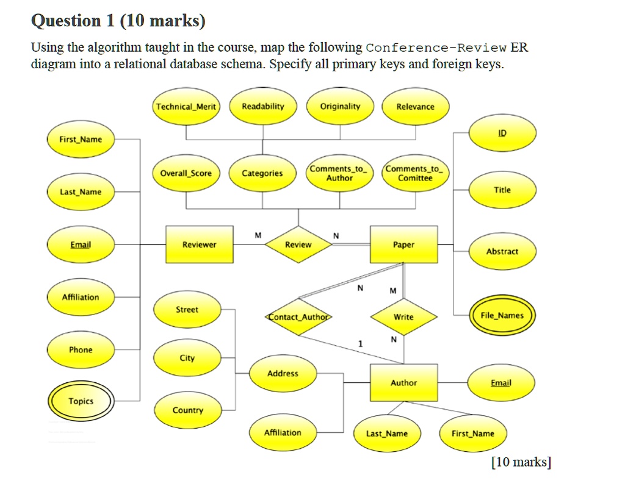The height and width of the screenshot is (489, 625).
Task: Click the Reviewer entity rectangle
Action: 200,245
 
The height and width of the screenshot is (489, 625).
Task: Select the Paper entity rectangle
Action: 403,245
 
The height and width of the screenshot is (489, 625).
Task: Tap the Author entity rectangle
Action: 403,383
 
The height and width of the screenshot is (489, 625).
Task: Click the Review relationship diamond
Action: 298,245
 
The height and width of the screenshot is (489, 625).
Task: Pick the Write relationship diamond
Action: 403,317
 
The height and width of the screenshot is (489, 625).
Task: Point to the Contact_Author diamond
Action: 298,317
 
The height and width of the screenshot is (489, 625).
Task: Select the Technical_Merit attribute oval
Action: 186,107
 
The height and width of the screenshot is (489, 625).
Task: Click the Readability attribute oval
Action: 263,107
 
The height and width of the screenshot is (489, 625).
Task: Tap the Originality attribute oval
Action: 340,107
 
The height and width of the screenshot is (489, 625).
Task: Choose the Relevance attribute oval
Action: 415,107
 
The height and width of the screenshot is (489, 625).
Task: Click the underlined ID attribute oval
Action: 502,133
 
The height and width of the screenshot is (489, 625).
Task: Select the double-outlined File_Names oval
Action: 502,315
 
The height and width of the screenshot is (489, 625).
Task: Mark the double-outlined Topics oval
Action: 81,401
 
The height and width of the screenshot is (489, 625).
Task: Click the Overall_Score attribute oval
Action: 186,173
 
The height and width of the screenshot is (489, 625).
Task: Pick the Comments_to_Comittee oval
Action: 415,173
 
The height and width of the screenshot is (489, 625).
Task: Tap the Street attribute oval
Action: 187,310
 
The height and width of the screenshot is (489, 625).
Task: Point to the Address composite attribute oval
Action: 283,373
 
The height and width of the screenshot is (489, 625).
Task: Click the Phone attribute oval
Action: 81,350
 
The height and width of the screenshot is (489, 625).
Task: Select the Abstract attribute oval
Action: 502,251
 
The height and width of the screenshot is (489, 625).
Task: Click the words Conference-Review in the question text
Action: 437,48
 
